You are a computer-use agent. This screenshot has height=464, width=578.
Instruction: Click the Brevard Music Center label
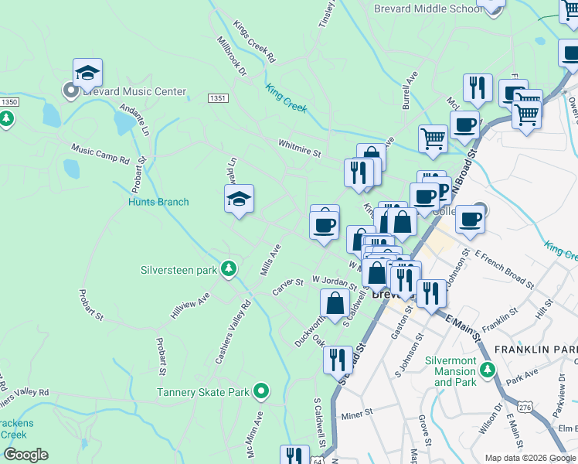point(135,91)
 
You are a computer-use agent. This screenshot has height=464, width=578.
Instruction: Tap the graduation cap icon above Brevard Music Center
point(87,72)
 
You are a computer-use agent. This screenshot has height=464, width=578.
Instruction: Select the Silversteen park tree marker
point(228,269)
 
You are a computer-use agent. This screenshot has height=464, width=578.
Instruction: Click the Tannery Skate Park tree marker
point(261,391)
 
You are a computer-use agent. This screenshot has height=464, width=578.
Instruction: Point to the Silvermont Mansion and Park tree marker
point(487,371)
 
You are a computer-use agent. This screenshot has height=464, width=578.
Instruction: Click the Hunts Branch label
point(158,203)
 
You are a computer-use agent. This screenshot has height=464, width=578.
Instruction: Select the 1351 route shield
point(218,98)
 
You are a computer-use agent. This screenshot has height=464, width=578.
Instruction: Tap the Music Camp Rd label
point(100,152)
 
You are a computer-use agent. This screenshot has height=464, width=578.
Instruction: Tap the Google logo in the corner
point(25,455)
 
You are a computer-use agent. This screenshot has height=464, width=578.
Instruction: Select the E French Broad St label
point(503,275)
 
